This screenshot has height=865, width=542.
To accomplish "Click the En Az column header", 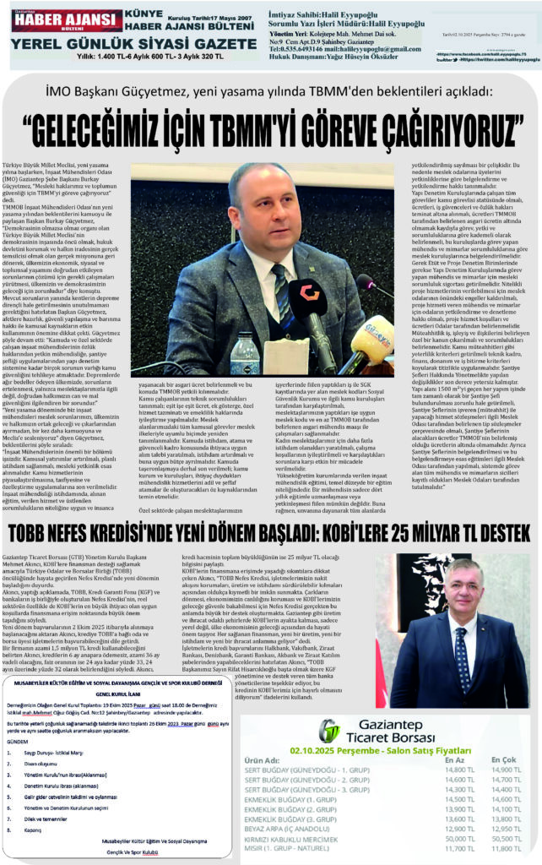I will pos(453,760).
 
